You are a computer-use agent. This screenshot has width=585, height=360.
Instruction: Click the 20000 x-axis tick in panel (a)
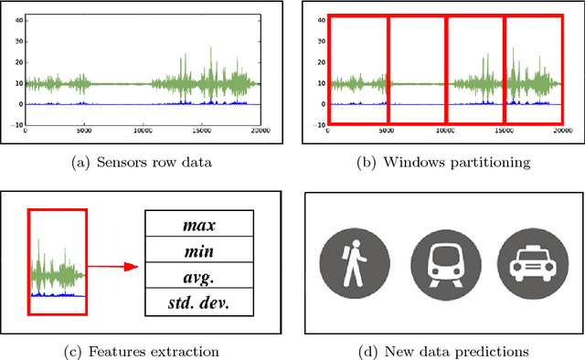[260, 131]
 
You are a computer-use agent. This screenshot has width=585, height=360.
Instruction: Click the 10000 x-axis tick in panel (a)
[143, 131]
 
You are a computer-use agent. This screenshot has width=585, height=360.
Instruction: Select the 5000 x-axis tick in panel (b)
[387, 131]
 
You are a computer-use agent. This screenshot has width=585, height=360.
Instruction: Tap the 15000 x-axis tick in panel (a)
[201, 131]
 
